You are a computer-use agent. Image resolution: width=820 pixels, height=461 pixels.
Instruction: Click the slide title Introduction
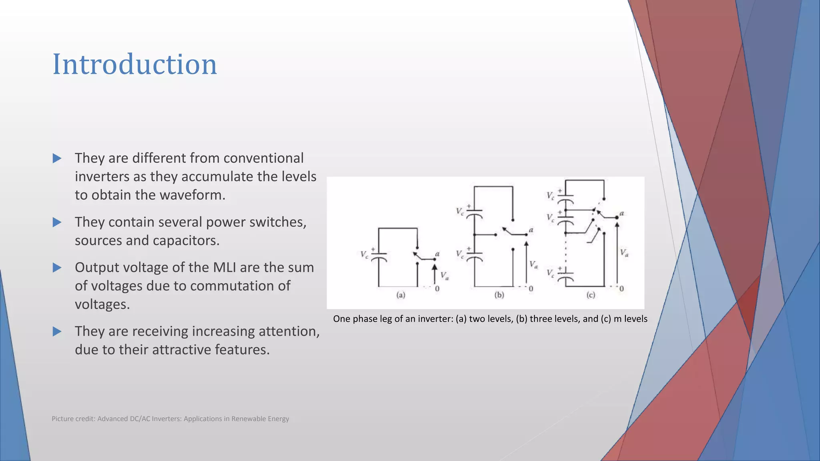(135, 64)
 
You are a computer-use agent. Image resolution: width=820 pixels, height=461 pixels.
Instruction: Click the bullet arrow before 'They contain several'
(57, 222)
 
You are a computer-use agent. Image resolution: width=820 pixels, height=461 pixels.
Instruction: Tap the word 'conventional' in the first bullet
(263, 158)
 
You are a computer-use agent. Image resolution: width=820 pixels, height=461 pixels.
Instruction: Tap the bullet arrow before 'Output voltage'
(57, 267)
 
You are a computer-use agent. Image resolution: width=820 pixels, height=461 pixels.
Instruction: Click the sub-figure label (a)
(401, 295)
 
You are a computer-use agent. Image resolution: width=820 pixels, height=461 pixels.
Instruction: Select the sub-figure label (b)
(499, 295)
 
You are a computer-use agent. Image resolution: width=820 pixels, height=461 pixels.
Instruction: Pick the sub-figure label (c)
(591, 295)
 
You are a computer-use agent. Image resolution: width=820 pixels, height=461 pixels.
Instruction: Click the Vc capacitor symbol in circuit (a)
(379, 256)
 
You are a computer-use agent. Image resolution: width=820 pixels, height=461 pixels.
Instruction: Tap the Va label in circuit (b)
(533, 265)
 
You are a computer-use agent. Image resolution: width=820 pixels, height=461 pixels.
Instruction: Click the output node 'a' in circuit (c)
(621, 214)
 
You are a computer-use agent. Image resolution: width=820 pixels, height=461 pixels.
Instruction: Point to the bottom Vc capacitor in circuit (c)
(565, 276)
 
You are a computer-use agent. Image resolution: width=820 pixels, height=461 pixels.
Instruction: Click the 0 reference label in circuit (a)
(437, 289)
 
